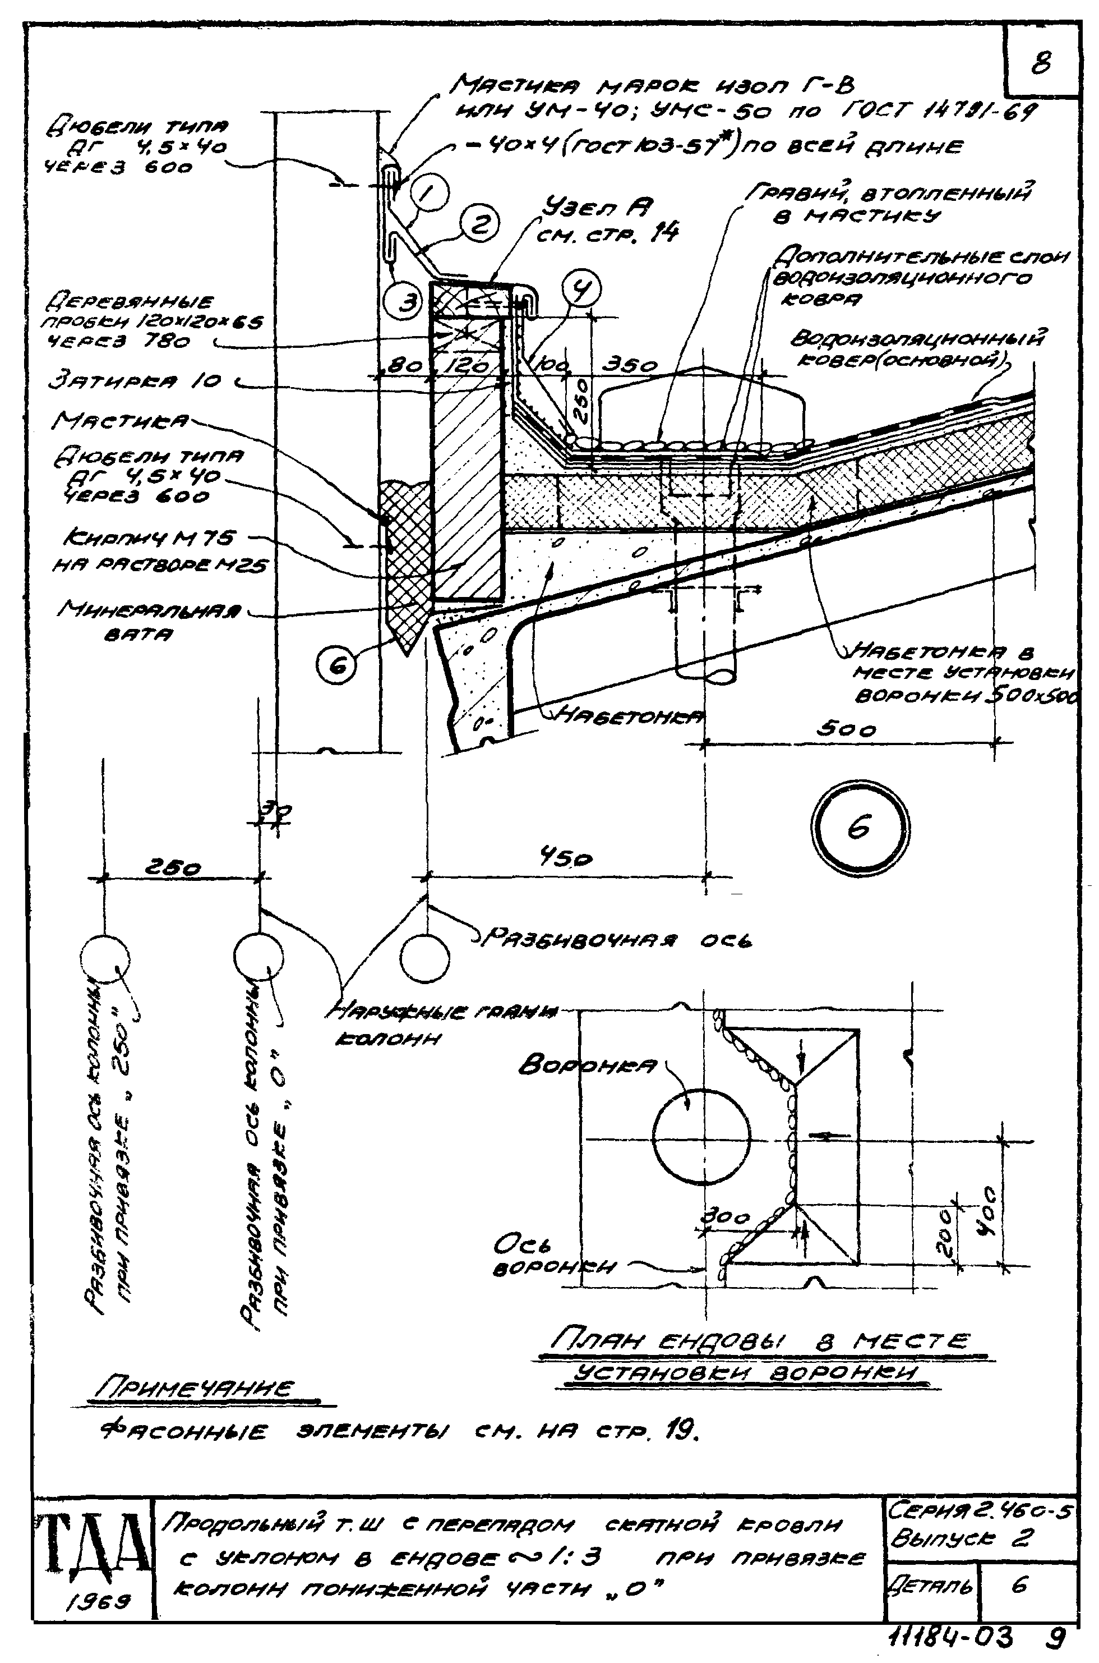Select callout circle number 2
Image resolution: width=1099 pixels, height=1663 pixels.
pyautogui.click(x=479, y=225)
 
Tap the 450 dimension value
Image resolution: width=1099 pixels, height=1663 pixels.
pyautogui.click(x=565, y=858)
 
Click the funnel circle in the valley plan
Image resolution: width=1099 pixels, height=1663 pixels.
pyautogui.click(x=701, y=1134)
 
